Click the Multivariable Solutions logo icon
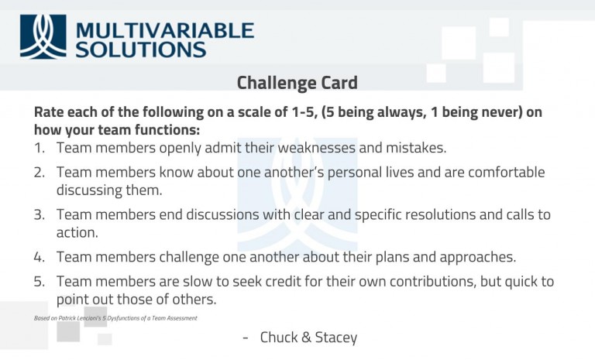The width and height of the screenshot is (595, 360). (43, 36)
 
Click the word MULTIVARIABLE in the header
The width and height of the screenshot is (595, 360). (165, 30)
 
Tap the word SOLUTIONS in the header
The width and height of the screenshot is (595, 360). (141, 50)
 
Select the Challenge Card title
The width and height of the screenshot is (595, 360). (297, 83)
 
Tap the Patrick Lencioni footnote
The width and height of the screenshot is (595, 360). (115, 318)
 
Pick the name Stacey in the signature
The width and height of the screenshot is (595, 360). (334, 338)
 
